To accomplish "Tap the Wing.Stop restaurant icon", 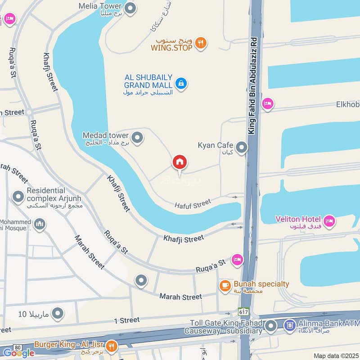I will [x=201, y=43].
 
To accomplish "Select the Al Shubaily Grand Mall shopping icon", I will [x=181, y=83].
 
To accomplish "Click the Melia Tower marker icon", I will [x=130, y=8].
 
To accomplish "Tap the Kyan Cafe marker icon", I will [x=242, y=147].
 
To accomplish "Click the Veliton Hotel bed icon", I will [x=330, y=221].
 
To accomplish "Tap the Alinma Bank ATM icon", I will [x=290, y=324].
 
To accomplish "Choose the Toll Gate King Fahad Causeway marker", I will [x=270, y=326].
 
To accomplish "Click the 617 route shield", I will [x=243, y=311].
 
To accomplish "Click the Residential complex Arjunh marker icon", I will [x=18, y=197].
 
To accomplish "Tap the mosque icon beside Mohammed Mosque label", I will [x=40, y=224].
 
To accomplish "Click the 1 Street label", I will [x=127, y=320].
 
